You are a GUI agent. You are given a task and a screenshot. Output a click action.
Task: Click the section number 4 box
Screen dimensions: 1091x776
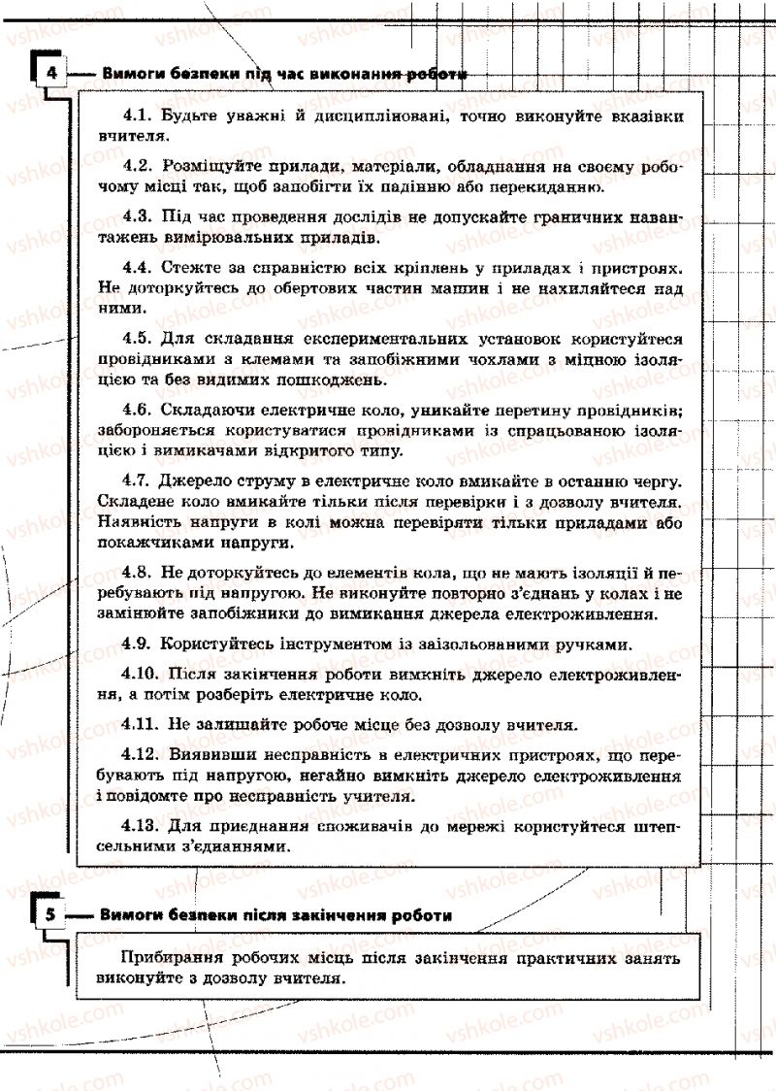pos(50,74)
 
